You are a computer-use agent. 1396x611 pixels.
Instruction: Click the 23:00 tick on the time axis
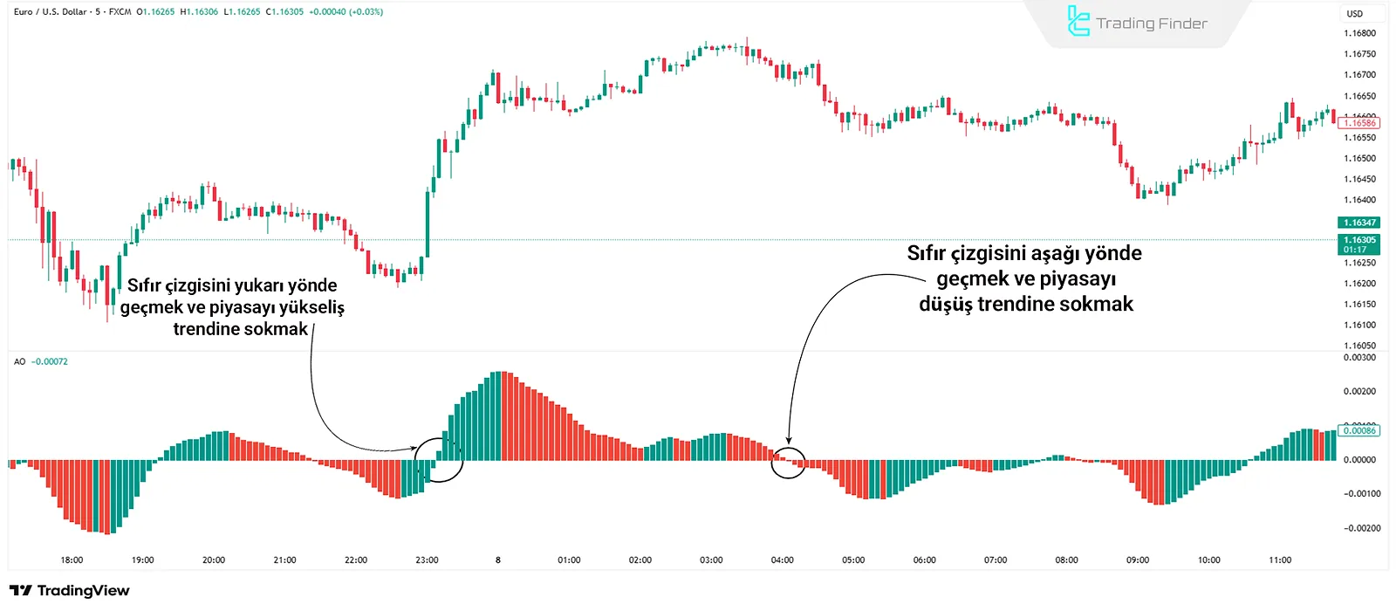[x=427, y=560]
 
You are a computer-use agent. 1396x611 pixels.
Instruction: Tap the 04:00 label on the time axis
[x=782, y=560]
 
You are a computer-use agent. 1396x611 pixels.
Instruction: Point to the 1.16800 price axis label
[x=1359, y=33]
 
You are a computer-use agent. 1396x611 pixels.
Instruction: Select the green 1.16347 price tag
[x=1358, y=223]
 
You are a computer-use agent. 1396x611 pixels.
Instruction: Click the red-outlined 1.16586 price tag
[x=1358, y=123]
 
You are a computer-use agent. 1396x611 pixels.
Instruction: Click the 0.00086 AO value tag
[x=1358, y=430]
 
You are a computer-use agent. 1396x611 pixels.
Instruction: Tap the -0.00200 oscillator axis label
[x=1361, y=528]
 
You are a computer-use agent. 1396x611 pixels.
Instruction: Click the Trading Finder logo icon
[x=1078, y=22]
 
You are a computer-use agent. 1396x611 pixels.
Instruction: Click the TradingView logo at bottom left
[x=70, y=591]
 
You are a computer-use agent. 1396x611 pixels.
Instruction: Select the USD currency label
[x=1354, y=13]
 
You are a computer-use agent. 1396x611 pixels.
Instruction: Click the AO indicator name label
[x=19, y=361]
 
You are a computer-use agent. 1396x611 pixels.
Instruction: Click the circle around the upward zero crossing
[x=438, y=459]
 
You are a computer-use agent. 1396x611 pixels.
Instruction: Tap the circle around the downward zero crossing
[x=788, y=462]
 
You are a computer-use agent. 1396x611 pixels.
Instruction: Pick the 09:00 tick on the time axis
[x=1137, y=560]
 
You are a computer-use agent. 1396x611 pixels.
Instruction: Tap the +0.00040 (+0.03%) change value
[x=346, y=12]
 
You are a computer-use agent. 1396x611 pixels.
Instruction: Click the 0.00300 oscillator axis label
[x=1359, y=358]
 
